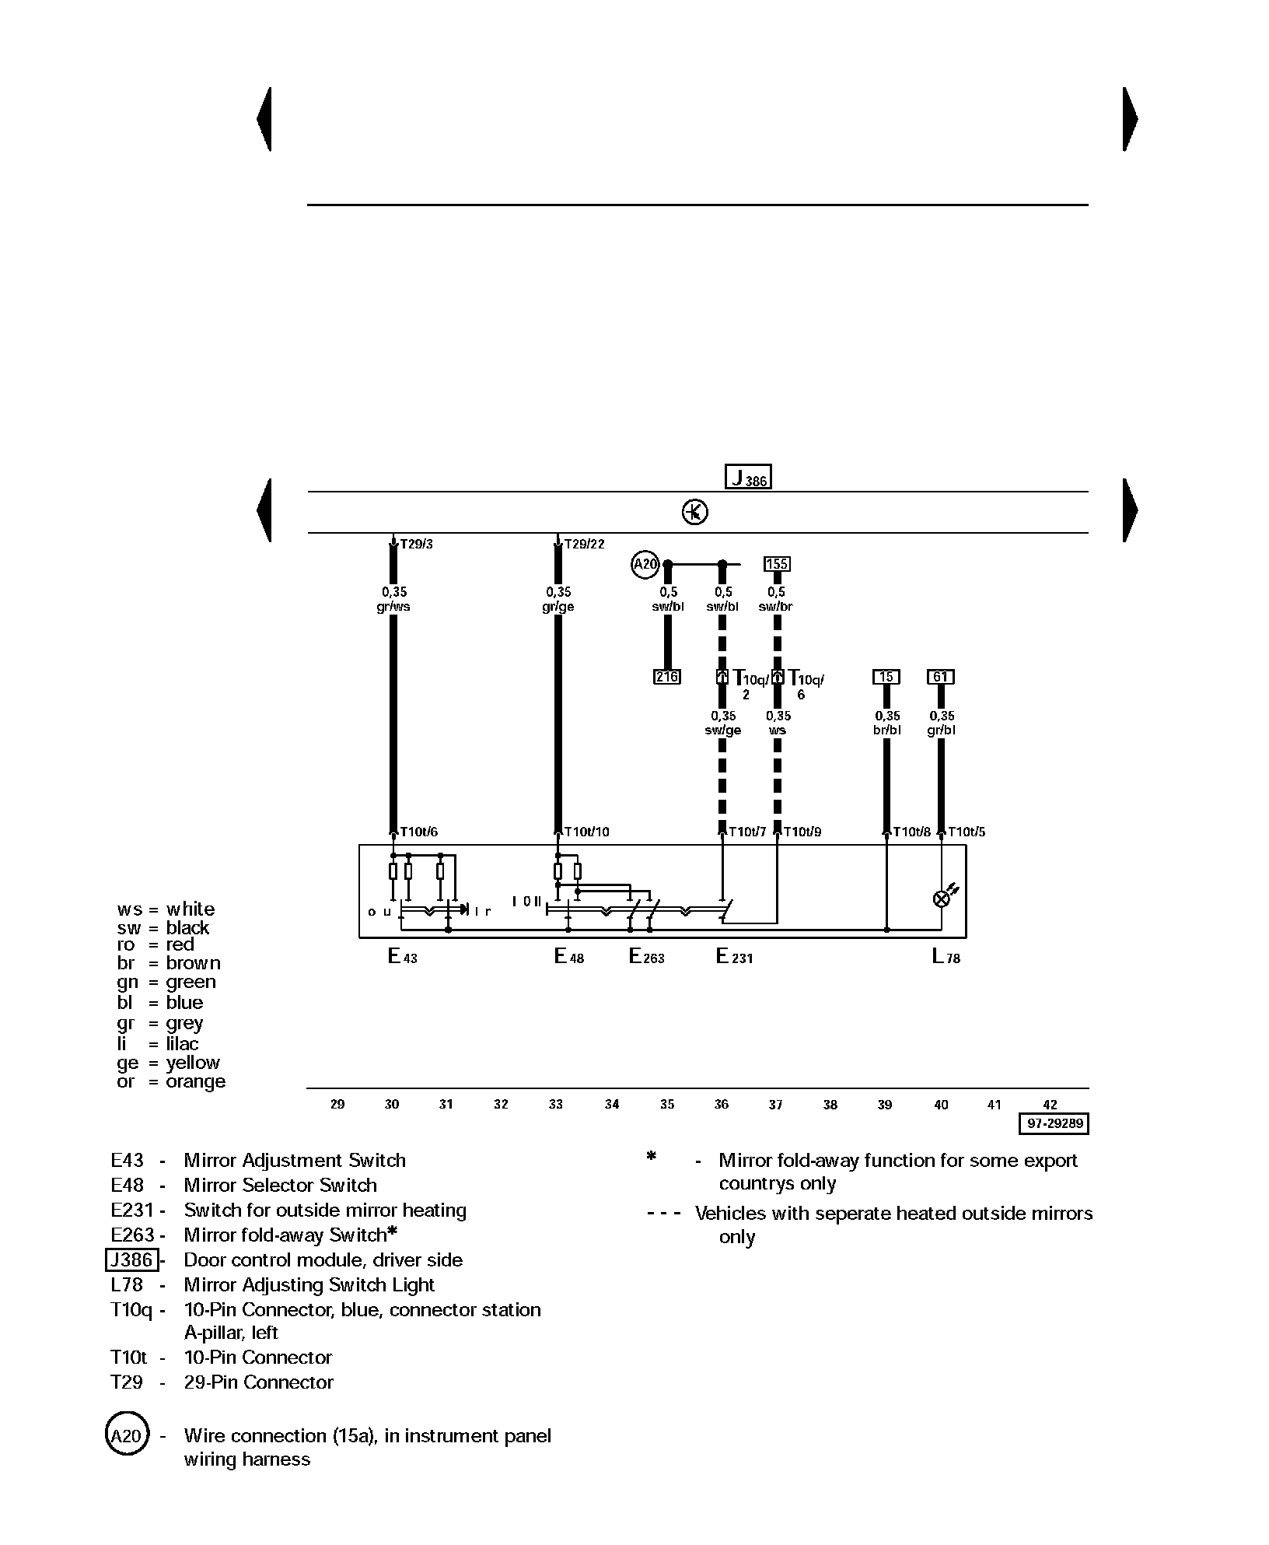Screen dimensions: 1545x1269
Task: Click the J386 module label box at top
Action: pyautogui.click(x=748, y=476)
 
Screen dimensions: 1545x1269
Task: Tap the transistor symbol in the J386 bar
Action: pyautogui.click(x=694, y=512)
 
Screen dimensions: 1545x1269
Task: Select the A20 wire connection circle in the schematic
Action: pyautogui.click(x=645, y=564)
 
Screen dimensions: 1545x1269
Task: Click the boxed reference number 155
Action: pyautogui.click(x=777, y=564)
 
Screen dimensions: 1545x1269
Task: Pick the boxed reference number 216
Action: pyautogui.click(x=666, y=677)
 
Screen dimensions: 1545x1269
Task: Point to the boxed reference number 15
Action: pyautogui.click(x=886, y=677)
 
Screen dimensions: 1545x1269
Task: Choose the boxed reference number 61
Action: pyautogui.click(x=941, y=677)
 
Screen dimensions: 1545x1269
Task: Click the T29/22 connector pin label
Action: pyautogui.click(x=584, y=544)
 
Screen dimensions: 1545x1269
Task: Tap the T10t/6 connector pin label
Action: pyautogui.click(x=418, y=832)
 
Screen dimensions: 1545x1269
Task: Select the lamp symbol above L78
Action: pyautogui.click(x=942, y=899)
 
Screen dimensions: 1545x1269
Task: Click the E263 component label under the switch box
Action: pyautogui.click(x=646, y=956)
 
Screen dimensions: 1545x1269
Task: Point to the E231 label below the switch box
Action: pyautogui.click(x=734, y=956)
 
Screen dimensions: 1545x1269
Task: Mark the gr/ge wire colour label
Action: pyautogui.click(x=558, y=607)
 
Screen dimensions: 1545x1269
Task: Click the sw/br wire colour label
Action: pyautogui.click(x=776, y=607)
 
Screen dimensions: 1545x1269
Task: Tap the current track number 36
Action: pyautogui.click(x=722, y=1104)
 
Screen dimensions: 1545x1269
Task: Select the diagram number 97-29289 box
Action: pyautogui.click(x=1054, y=1124)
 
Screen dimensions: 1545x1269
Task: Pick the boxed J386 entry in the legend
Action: pyautogui.click(x=132, y=1259)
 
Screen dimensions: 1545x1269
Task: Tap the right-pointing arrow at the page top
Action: pyautogui.click(x=1131, y=119)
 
